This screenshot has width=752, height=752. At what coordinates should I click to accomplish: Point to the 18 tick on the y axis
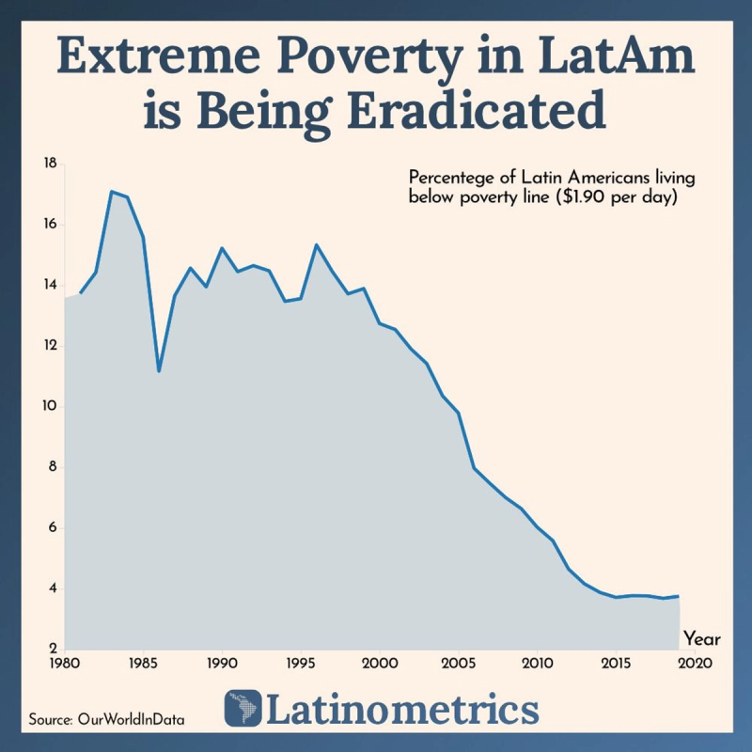coord(50,164)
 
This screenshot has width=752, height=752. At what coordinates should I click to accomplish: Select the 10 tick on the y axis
coord(50,406)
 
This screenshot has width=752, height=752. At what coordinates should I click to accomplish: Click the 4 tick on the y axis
coord(53,588)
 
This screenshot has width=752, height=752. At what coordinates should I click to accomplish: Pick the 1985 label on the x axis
coord(143,663)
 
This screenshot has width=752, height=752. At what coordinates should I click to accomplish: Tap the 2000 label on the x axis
coord(380,663)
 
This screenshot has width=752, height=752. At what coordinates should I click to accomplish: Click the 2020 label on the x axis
coord(695,663)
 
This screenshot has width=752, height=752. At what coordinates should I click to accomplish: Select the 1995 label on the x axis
coord(301,663)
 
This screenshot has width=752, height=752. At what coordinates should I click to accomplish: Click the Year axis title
coord(702,639)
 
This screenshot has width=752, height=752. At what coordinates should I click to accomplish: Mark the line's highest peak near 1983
coord(111,192)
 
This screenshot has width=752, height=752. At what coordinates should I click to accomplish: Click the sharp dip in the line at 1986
coord(159,370)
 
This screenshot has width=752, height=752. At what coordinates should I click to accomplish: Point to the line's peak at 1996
coord(317,245)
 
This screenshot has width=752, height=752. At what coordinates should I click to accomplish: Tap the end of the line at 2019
coord(679,596)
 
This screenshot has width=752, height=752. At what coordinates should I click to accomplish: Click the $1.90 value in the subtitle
coord(582,196)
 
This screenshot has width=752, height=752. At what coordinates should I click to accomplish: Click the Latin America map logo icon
coord(243,709)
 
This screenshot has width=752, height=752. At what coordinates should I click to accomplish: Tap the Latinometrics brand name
coord(402,709)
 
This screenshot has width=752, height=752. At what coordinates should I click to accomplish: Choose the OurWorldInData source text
coord(131,719)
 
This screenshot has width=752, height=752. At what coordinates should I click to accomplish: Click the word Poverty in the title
coord(369,57)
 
